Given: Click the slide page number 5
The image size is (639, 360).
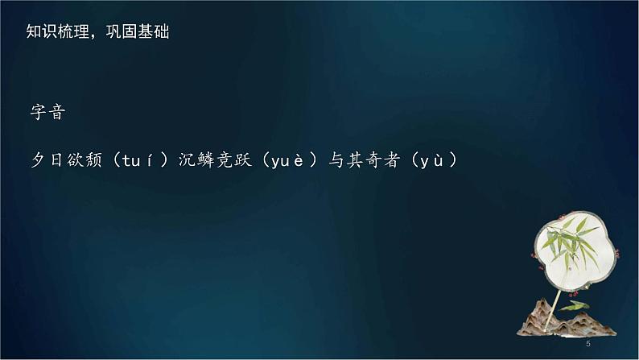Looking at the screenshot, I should pos(589,344).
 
